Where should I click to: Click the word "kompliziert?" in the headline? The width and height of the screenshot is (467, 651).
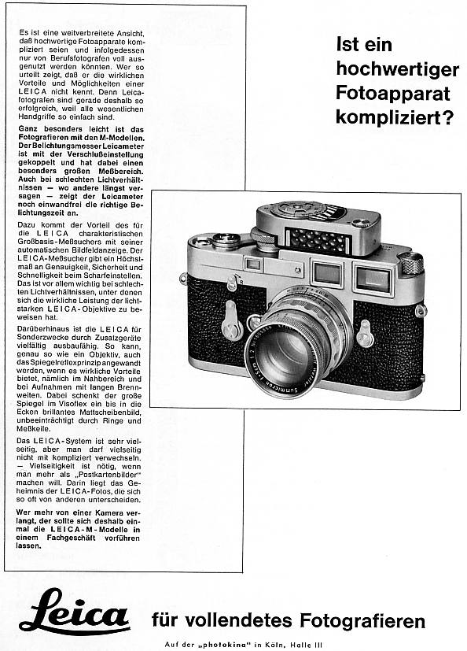pos(395,117)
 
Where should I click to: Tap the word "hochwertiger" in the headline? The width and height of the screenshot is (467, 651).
pos(394,68)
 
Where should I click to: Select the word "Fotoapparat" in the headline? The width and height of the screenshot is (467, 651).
pos(393,93)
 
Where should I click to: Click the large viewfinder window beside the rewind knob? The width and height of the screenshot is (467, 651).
pos(373,278)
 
